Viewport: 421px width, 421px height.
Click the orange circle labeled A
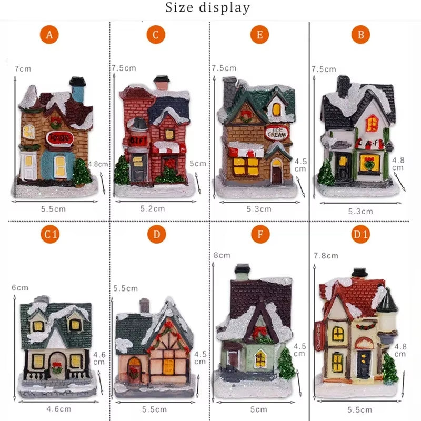(x=50, y=35)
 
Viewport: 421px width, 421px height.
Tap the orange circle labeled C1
(x=50, y=235)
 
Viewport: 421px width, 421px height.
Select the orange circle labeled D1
(x=360, y=235)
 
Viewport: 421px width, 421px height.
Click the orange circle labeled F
(x=259, y=235)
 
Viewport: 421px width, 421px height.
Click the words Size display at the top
(x=208, y=8)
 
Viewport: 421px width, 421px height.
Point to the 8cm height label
(x=222, y=255)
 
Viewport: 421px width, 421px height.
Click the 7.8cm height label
(x=325, y=255)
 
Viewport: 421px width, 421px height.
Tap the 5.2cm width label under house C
(x=152, y=209)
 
